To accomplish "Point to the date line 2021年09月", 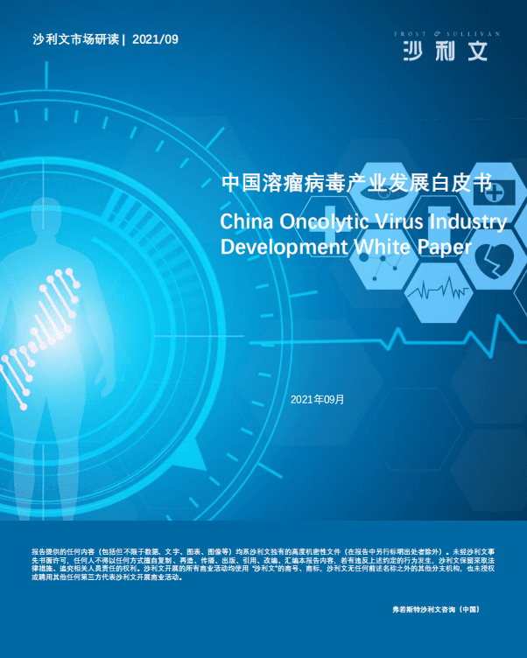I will click(x=317, y=399).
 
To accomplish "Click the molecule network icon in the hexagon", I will click(x=385, y=263).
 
